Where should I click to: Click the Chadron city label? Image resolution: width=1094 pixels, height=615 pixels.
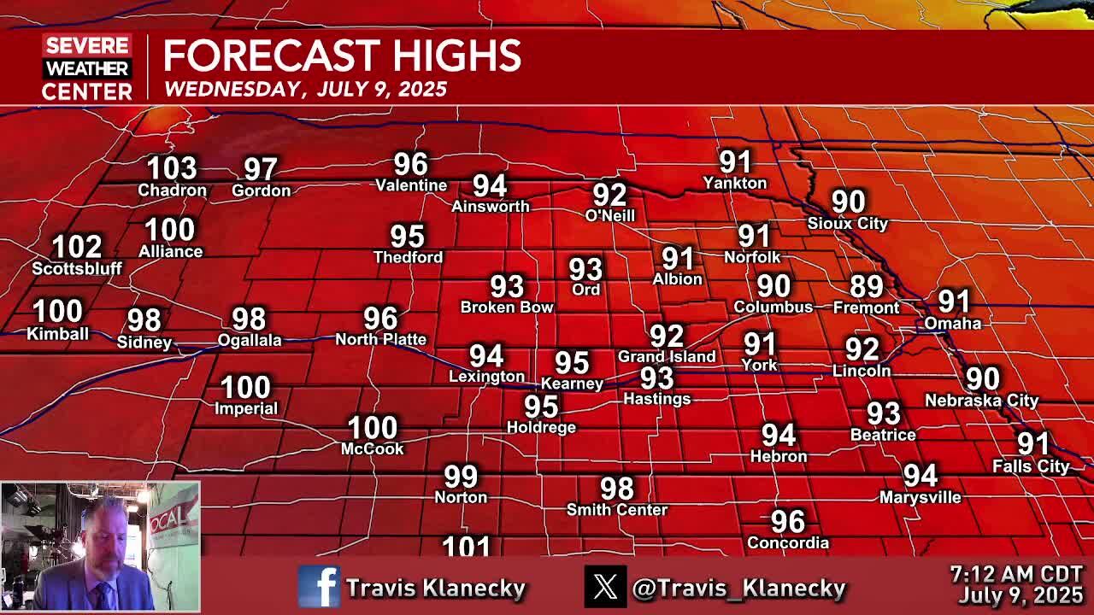(172, 190)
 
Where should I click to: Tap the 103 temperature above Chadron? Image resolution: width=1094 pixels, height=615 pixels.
(172, 168)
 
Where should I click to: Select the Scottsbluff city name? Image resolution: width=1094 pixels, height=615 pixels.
(77, 268)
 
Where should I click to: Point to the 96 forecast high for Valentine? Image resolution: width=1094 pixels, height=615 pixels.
(410, 164)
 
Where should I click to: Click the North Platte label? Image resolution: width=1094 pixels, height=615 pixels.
(380, 339)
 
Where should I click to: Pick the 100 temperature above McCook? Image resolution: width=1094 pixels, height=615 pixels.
(372, 427)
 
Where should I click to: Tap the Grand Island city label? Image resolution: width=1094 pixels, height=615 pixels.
(667, 356)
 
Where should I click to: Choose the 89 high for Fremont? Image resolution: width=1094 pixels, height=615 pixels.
(866, 286)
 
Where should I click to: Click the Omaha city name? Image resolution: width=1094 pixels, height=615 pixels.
(952, 323)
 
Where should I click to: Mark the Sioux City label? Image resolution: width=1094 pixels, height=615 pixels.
(848, 223)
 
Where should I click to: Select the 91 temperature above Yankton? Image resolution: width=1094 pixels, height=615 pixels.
(735, 161)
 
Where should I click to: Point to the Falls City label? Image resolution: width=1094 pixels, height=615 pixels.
(1031, 466)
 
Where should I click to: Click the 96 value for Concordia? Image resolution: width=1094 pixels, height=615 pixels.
(787, 521)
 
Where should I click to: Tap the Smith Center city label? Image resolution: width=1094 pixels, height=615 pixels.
(617, 509)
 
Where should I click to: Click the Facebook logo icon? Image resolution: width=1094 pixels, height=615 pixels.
(319, 587)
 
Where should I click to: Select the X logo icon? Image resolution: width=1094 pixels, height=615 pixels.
(605, 587)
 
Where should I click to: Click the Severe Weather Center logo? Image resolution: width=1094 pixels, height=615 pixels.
(86, 67)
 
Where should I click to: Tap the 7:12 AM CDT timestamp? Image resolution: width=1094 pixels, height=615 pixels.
(1015, 575)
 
